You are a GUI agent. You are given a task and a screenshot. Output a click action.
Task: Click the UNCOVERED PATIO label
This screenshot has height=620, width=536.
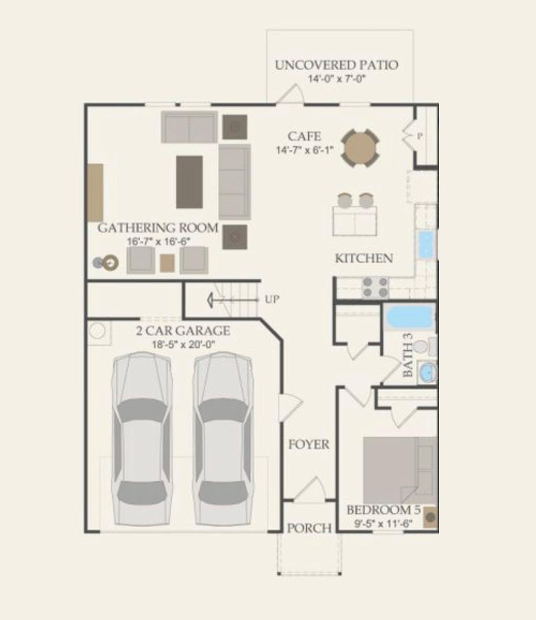pos(336,65)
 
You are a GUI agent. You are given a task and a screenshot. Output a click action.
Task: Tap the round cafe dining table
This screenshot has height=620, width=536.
pos(360,148)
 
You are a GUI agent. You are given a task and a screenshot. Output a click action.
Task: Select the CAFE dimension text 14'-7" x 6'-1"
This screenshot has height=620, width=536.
pos(305,150)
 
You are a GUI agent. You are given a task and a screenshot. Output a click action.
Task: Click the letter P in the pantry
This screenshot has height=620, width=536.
pos(419,136)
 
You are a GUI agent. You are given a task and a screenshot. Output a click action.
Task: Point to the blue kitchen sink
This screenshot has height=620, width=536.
pos(426,244)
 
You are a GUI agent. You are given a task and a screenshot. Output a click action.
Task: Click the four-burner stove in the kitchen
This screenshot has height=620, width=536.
pos(375,287)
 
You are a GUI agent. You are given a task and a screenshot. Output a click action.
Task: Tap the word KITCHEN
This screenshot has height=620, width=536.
pos(364,258)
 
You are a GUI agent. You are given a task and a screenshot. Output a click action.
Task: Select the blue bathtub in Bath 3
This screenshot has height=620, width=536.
pos(409,317)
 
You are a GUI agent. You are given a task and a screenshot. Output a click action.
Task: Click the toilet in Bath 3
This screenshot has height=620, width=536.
pos(423,346)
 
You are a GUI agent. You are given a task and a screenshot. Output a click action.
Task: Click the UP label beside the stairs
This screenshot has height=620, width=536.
pos(272,300)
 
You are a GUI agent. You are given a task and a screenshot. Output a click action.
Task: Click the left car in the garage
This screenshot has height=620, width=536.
pos(142,439)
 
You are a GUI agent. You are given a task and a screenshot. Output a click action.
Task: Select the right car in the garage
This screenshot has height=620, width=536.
pos(223,439)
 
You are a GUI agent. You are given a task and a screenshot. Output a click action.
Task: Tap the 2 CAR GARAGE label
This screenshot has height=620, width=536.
pos(183,331)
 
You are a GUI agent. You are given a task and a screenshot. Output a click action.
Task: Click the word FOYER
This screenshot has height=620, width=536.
pos(309,445)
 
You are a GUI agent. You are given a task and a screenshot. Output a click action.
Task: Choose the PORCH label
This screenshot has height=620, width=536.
pos(309,528)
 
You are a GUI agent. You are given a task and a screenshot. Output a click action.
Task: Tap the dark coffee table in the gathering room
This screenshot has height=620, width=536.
pos(189,182)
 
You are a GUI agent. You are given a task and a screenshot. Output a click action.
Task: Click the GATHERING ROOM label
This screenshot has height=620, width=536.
pos(158,228)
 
